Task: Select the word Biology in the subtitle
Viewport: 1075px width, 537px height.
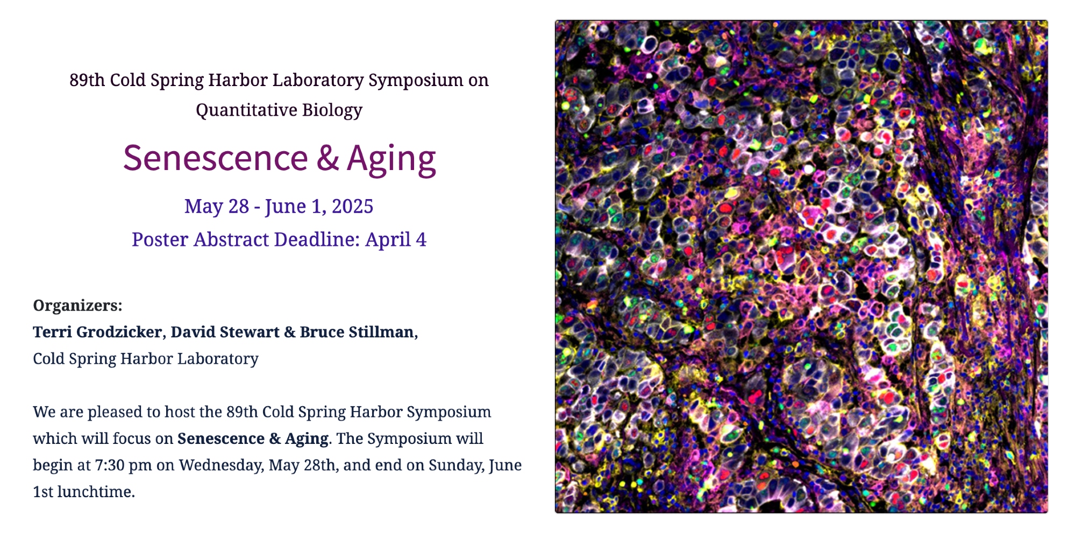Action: click(332, 110)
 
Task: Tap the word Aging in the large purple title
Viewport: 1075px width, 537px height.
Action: click(391, 159)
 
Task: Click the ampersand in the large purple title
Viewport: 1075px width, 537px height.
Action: click(328, 159)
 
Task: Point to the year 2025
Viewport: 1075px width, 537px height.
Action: click(352, 207)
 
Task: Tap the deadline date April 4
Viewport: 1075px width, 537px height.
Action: click(396, 239)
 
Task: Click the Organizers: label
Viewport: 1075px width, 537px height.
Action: click(77, 306)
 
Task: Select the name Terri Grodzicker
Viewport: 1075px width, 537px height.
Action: click(97, 332)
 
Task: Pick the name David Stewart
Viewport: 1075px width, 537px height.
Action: click(225, 332)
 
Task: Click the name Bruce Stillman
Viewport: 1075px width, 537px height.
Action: click(357, 332)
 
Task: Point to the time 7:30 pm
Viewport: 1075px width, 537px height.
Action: click(124, 465)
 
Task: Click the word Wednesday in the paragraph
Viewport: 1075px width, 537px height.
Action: click(221, 465)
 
